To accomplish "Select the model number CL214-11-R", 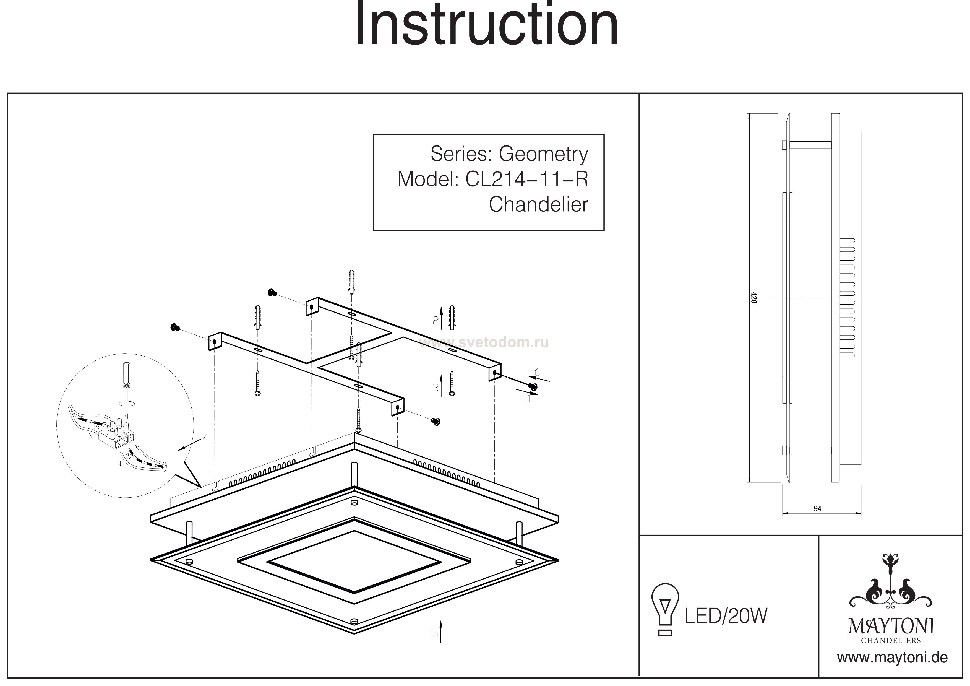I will coord(526,179).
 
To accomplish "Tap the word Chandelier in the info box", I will coord(538,205).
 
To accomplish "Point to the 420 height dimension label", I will coord(754,298).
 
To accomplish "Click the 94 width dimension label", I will coord(817,509).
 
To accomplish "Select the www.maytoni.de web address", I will coord(892,658).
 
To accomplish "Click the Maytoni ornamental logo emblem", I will coord(891,590).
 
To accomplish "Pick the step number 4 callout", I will coord(205,438).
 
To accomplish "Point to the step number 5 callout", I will coord(435,634).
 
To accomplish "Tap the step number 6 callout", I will coord(537,372).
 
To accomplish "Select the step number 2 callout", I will coord(436,321).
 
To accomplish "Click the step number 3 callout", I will coord(436,387).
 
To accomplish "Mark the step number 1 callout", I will coord(529,398).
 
